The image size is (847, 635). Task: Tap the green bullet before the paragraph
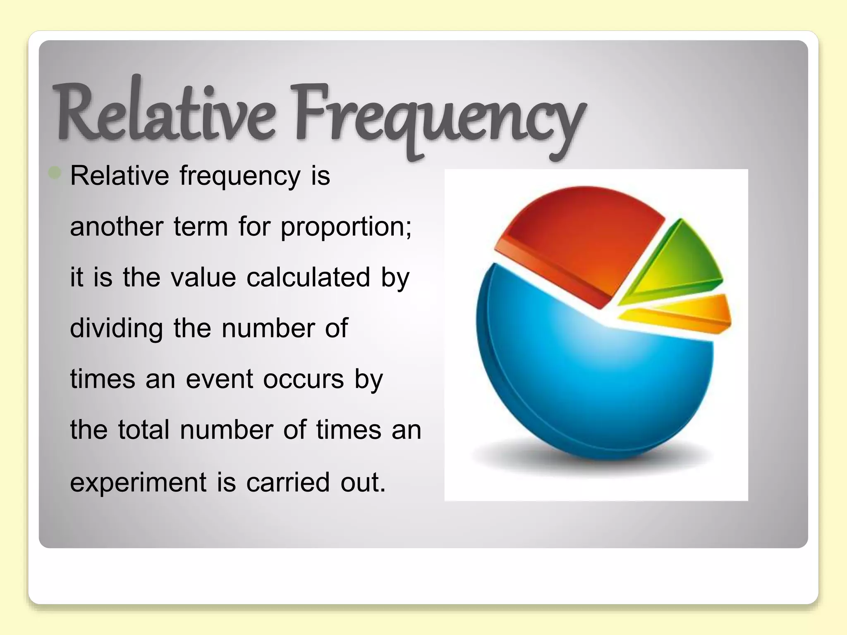pyautogui.click(x=55, y=173)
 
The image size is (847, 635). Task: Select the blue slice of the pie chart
pyautogui.click(x=591, y=384)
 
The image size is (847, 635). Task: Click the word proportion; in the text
pyautogui.click(x=346, y=227)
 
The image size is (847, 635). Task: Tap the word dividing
pyautogui.click(x=116, y=328)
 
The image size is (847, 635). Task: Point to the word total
pyautogui.click(x=144, y=430)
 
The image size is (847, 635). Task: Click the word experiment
pyautogui.click(x=138, y=482)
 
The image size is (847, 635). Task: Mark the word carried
pyautogui.click(x=288, y=482)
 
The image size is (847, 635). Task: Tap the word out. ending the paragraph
pyautogui.click(x=363, y=482)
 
